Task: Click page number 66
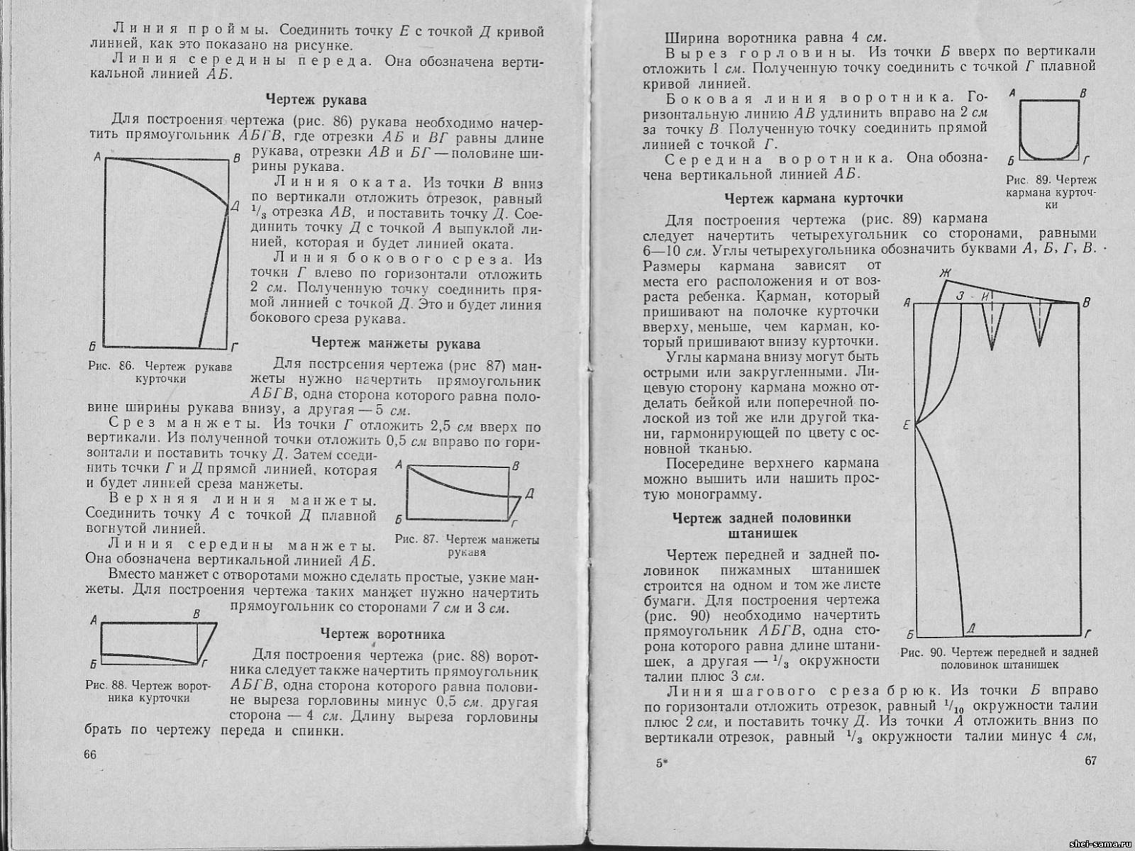pos(90,755)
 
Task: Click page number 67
pos(1090,761)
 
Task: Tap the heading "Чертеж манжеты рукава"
pos(396,344)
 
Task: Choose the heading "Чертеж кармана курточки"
pos(814,198)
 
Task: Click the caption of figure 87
pos(467,546)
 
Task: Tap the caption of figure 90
pos(999,658)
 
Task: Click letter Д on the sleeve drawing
pos(235,206)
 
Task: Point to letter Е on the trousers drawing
pos(906,425)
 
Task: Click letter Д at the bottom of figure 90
pos(970,628)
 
